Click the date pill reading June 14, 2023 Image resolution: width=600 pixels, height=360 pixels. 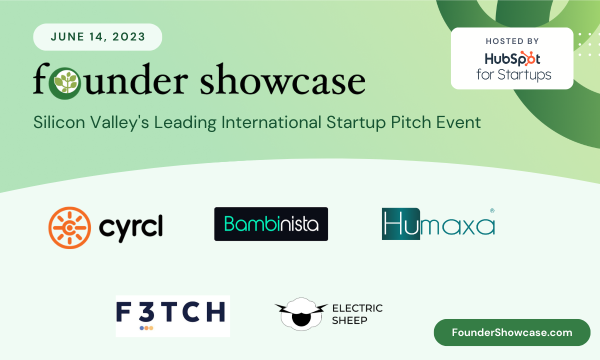[x=97, y=37]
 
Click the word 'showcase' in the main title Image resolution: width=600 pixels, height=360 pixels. [x=282, y=79]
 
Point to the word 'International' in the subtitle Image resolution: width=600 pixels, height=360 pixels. [x=271, y=122]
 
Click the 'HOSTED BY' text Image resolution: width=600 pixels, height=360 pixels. [x=512, y=41]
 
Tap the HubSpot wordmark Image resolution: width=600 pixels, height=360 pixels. [x=512, y=58]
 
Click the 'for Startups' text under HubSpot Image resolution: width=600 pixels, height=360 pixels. [x=514, y=74]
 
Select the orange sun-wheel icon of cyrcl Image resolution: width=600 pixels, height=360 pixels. [x=69, y=227]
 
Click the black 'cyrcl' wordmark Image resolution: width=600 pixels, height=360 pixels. [x=131, y=228]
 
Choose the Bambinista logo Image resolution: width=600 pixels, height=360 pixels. [x=271, y=224]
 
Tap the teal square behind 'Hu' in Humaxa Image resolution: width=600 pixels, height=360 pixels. [x=400, y=223]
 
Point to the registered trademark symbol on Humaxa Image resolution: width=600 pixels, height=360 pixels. [x=492, y=210]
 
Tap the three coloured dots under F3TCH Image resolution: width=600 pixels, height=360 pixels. [x=146, y=328]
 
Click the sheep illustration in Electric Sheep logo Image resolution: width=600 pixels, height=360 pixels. [x=301, y=314]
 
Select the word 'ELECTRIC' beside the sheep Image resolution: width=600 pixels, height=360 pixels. [x=357, y=308]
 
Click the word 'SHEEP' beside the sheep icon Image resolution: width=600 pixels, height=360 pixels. [x=349, y=320]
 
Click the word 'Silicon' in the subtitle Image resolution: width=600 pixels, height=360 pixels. [x=59, y=122]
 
